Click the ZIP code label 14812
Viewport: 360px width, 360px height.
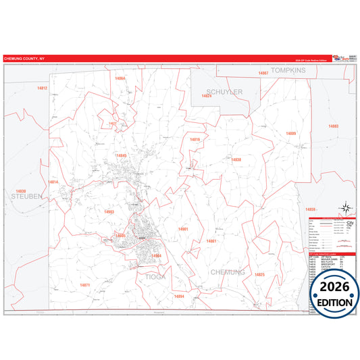click(43, 88)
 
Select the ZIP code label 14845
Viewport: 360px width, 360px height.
click(121, 156)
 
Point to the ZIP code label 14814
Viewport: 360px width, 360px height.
click(53, 182)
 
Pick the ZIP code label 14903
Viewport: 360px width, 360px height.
click(109, 212)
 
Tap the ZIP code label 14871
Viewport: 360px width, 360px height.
click(85, 285)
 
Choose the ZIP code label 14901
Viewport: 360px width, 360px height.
click(183, 230)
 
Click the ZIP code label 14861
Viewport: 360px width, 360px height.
click(211, 241)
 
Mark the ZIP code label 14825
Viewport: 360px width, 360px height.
click(259, 275)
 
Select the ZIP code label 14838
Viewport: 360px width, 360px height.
click(236, 159)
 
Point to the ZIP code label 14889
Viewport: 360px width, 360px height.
click(290, 134)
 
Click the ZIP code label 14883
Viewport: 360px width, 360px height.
click(334, 126)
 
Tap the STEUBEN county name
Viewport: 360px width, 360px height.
click(26, 196)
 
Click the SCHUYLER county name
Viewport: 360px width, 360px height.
click(224, 92)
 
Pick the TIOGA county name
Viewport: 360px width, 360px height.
click(156, 276)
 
